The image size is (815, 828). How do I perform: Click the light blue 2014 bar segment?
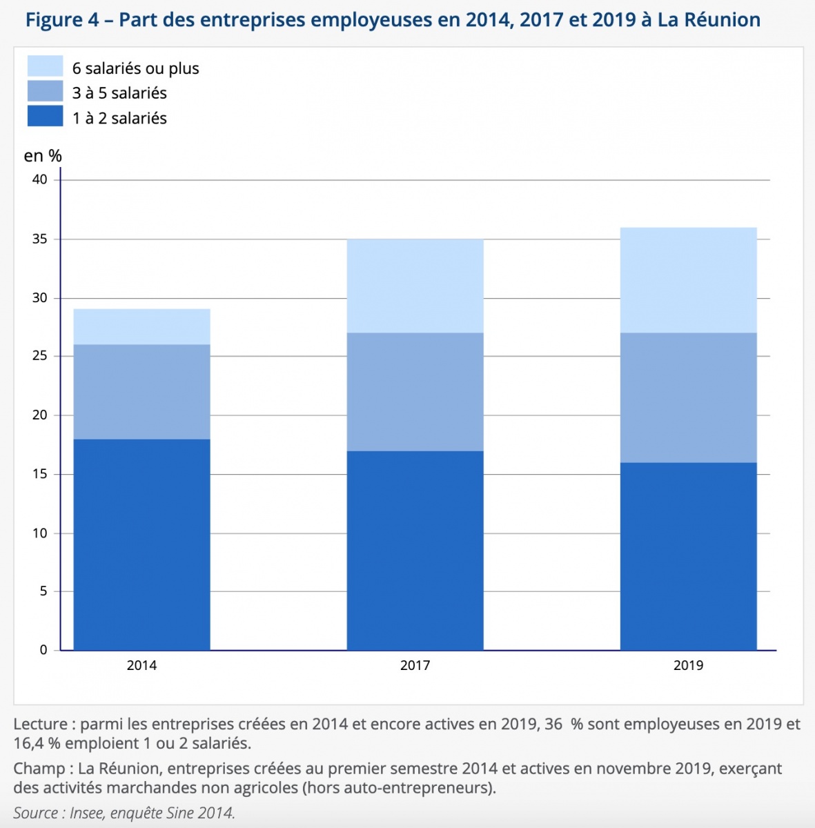pyautogui.click(x=141, y=326)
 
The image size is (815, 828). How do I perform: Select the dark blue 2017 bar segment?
pyautogui.click(x=415, y=550)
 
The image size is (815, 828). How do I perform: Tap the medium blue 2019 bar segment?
pyautogui.click(x=688, y=397)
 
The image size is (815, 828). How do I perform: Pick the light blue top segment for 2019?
pyautogui.click(x=688, y=280)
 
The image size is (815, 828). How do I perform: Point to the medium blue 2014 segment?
pyautogui.click(x=141, y=391)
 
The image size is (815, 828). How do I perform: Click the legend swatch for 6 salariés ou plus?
pyautogui.click(x=45, y=66)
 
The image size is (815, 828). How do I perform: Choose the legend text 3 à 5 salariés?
pyautogui.click(x=119, y=93)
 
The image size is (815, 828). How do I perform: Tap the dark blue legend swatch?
pyautogui.click(x=45, y=116)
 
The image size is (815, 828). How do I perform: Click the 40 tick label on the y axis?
pyautogui.click(x=40, y=179)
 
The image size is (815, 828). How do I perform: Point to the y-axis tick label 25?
pyautogui.click(x=40, y=356)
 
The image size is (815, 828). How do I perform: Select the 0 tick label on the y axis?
pyautogui.click(x=43, y=650)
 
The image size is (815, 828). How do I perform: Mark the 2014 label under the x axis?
pyautogui.click(x=141, y=666)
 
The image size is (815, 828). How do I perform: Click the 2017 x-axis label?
pyautogui.click(x=415, y=666)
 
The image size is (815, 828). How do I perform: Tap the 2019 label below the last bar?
pyautogui.click(x=688, y=666)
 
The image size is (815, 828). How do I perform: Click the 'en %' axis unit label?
pyautogui.click(x=43, y=156)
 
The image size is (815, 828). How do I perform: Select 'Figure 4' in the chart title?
pyautogui.click(x=63, y=19)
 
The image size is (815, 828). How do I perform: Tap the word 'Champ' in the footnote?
pyautogui.click(x=38, y=769)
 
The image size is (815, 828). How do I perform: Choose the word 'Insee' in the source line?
pyautogui.click(x=87, y=813)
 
